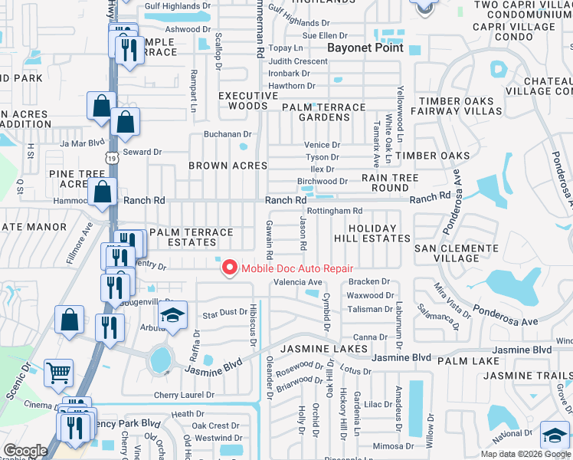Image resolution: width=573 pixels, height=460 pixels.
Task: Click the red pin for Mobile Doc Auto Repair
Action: pyautogui.click(x=228, y=268)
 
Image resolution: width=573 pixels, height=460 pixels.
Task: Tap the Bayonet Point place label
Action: pyautogui.click(x=359, y=48)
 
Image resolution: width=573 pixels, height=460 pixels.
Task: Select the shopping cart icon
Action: pyautogui.click(x=58, y=373)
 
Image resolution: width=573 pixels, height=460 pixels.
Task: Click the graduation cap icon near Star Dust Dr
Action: pyautogui.click(x=172, y=315)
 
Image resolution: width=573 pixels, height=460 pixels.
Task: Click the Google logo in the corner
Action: pyautogui.click(x=25, y=451)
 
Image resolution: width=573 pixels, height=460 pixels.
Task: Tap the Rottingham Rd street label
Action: pyautogui.click(x=334, y=211)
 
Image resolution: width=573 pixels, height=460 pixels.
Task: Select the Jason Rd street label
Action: pyautogui.click(x=303, y=235)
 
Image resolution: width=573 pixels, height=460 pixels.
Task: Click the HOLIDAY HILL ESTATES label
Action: pyautogui.click(x=372, y=233)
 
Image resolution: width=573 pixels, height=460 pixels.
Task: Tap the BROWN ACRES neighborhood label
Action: pyautogui.click(x=228, y=166)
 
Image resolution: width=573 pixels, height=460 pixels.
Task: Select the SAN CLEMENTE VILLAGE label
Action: pyautogui.click(x=457, y=253)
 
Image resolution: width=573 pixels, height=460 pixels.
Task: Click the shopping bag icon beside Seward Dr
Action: pyautogui.click(x=126, y=122)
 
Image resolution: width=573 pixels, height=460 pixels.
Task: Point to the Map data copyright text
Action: pyautogui.click(x=525, y=454)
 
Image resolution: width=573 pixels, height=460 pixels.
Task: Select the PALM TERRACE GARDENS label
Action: pyautogui.click(x=323, y=112)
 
